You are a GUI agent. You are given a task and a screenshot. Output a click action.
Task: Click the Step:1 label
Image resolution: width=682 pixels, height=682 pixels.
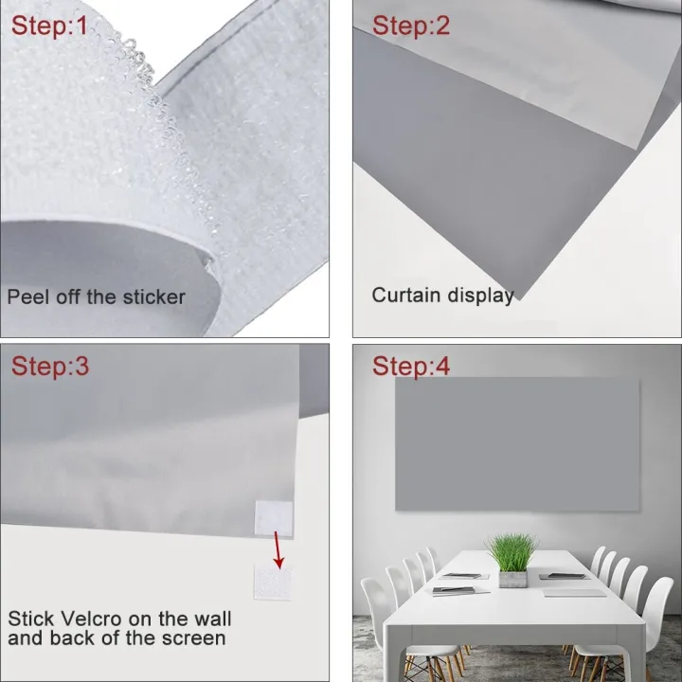[x=49, y=26]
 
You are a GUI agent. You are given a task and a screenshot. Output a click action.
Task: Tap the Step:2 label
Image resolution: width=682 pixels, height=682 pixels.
[x=410, y=26]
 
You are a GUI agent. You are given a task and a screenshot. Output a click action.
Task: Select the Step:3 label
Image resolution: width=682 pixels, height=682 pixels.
[x=50, y=366]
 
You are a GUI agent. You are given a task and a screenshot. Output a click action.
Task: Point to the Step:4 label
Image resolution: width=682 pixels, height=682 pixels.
[x=410, y=366]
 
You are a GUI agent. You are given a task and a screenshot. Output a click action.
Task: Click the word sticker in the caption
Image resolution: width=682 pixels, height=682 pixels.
[x=154, y=297]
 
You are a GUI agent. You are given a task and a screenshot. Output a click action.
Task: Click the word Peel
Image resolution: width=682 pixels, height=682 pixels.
[x=27, y=297]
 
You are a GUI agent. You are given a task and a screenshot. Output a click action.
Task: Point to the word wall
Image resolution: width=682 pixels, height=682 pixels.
[x=212, y=618]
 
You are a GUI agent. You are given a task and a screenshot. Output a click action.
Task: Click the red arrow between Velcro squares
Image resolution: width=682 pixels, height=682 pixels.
[x=278, y=549]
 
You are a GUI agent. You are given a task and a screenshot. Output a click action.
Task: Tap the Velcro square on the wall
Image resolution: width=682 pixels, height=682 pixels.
[x=273, y=583]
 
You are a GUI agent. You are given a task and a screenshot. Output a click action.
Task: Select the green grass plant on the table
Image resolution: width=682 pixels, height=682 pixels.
[x=512, y=552]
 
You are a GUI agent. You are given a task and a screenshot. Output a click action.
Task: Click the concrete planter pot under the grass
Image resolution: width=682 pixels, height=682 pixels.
[x=512, y=580]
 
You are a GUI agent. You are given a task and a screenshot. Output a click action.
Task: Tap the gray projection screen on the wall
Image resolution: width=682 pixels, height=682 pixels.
[x=517, y=444]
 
